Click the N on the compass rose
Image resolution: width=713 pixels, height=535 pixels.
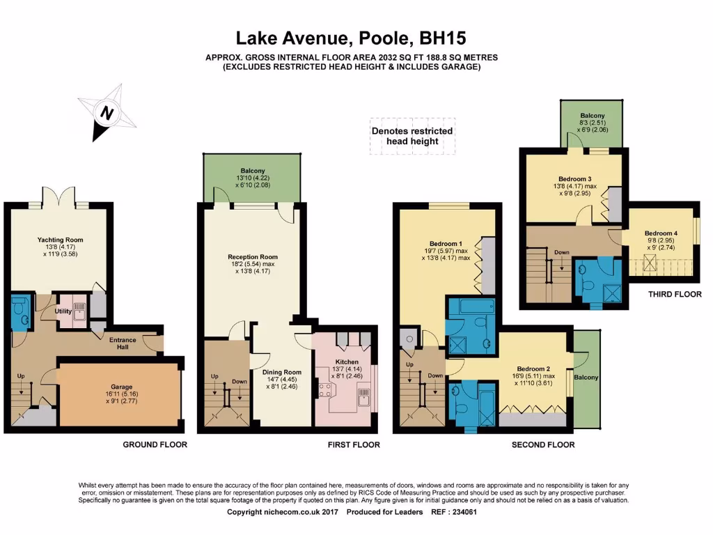tap(107, 112)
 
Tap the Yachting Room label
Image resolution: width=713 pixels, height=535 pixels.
tap(60, 240)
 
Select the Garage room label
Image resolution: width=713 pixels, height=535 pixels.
tap(121, 387)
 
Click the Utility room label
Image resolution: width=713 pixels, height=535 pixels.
tap(63, 311)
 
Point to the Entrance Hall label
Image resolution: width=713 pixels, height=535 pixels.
tap(123, 343)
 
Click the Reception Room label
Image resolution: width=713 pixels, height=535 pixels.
tap(252, 256)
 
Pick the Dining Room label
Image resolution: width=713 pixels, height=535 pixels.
tap(282, 372)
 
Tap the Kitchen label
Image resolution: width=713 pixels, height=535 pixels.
tap(347, 362)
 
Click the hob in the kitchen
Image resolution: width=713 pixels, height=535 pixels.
tap(324, 390)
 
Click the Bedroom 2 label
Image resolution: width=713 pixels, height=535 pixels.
tap(533, 369)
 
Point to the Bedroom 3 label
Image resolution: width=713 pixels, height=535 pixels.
tap(574, 179)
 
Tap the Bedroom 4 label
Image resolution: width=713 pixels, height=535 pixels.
tap(661, 233)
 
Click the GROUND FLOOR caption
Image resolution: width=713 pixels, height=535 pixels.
tap(155, 444)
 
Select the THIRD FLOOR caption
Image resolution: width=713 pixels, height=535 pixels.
tap(675, 295)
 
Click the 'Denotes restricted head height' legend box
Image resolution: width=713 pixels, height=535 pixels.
tap(412, 136)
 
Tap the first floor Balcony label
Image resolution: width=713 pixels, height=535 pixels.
tap(252, 171)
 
